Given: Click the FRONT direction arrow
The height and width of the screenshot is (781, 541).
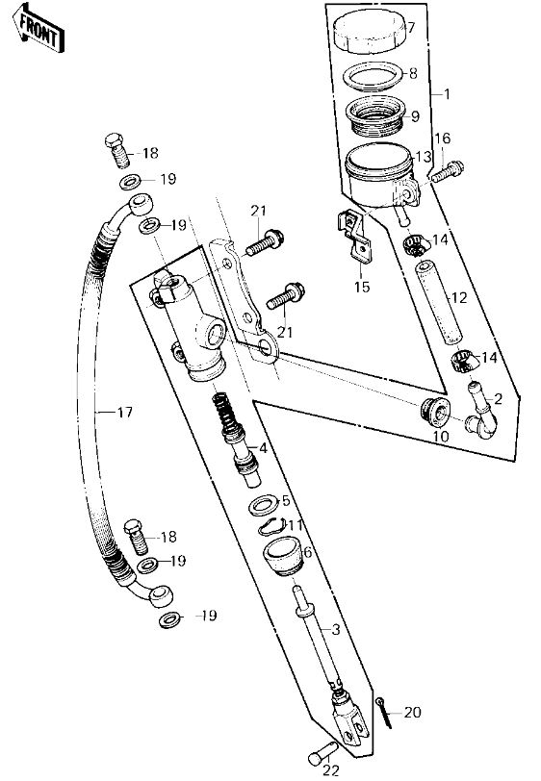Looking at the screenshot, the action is click(39, 29).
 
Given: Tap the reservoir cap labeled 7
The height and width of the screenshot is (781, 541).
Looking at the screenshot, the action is click(369, 33).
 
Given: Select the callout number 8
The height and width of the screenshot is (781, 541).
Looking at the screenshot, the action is click(413, 73).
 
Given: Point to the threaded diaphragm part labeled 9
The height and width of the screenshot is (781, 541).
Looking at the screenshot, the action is click(375, 116).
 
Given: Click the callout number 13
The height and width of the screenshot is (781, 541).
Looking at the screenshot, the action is click(423, 157).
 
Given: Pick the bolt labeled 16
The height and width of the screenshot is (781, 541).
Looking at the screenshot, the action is click(448, 171).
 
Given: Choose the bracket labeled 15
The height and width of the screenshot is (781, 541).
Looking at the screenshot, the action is click(355, 235).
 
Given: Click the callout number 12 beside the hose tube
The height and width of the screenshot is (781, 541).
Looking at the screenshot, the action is click(459, 297).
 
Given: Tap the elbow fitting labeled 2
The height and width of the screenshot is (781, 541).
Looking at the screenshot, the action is click(480, 411).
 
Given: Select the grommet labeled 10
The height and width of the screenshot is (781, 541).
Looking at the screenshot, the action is click(434, 412).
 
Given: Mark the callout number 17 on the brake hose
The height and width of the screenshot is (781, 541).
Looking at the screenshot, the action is click(124, 412).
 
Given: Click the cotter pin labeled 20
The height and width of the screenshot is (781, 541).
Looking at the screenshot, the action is click(384, 712).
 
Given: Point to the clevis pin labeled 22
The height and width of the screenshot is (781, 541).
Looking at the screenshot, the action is click(322, 751).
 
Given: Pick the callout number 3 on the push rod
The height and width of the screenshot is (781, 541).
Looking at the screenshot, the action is click(336, 630).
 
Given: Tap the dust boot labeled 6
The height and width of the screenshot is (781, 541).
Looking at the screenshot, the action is click(282, 555).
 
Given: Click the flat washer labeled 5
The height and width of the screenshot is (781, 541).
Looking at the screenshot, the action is click(264, 505).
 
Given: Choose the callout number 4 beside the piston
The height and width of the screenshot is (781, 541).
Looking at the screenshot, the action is click(263, 448).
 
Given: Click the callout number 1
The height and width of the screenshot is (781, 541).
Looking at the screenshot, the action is click(447, 93).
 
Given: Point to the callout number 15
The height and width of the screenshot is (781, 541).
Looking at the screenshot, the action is click(363, 287).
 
